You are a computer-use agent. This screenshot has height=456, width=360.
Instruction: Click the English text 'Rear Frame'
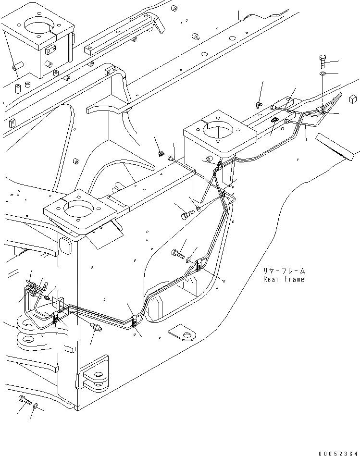(x=284, y=279)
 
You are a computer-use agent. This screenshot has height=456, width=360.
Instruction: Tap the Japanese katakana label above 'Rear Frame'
(x=284, y=271)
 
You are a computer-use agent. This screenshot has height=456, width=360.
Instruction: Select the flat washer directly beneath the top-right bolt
(x=323, y=74)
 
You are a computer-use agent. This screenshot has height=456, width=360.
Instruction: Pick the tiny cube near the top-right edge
(x=353, y=99)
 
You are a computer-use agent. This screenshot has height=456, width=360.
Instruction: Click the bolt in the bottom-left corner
(x=25, y=400)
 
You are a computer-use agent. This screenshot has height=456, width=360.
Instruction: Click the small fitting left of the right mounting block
(x=160, y=153)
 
